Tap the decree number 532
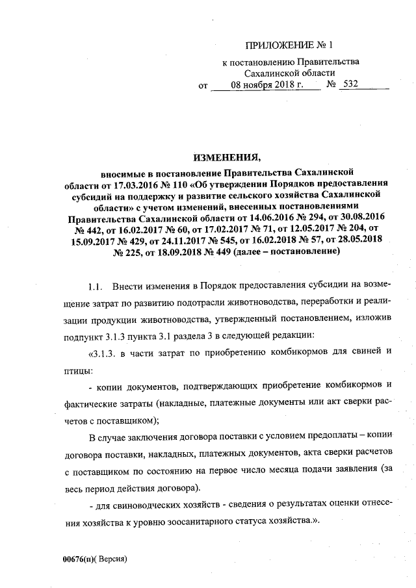(x=351, y=85)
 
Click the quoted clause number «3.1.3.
(x=103, y=353)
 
